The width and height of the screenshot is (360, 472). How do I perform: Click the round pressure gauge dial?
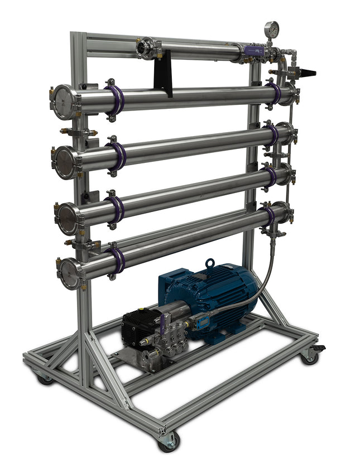(272, 27)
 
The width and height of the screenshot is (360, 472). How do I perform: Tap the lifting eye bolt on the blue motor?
(210, 263)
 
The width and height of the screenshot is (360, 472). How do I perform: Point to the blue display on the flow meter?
(199, 322)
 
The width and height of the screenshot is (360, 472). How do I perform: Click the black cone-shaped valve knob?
(306, 73)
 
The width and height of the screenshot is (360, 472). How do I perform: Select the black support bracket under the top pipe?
(164, 76)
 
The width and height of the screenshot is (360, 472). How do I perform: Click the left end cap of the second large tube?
(65, 162)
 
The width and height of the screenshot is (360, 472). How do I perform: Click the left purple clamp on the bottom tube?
(118, 260)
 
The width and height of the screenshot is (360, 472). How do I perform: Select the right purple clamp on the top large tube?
(273, 92)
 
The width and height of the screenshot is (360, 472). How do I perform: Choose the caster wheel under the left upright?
(45, 378)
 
